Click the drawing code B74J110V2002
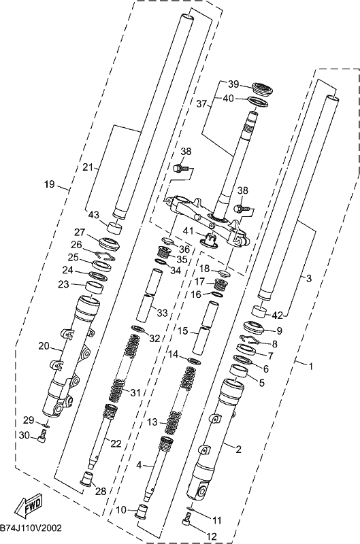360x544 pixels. pyautogui.click(x=31, y=528)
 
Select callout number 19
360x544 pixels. pyautogui.click(x=50, y=184)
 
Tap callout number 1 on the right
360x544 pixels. pyautogui.click(x=311, y=366)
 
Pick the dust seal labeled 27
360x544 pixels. pyautogui.click(x=110, y=243)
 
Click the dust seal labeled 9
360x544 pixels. pyautogui.click(x=255, y=328)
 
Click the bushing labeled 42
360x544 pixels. pyautogui.click(x=260, y=311)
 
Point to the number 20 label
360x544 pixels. pyautogui.click(x=44, y=345)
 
